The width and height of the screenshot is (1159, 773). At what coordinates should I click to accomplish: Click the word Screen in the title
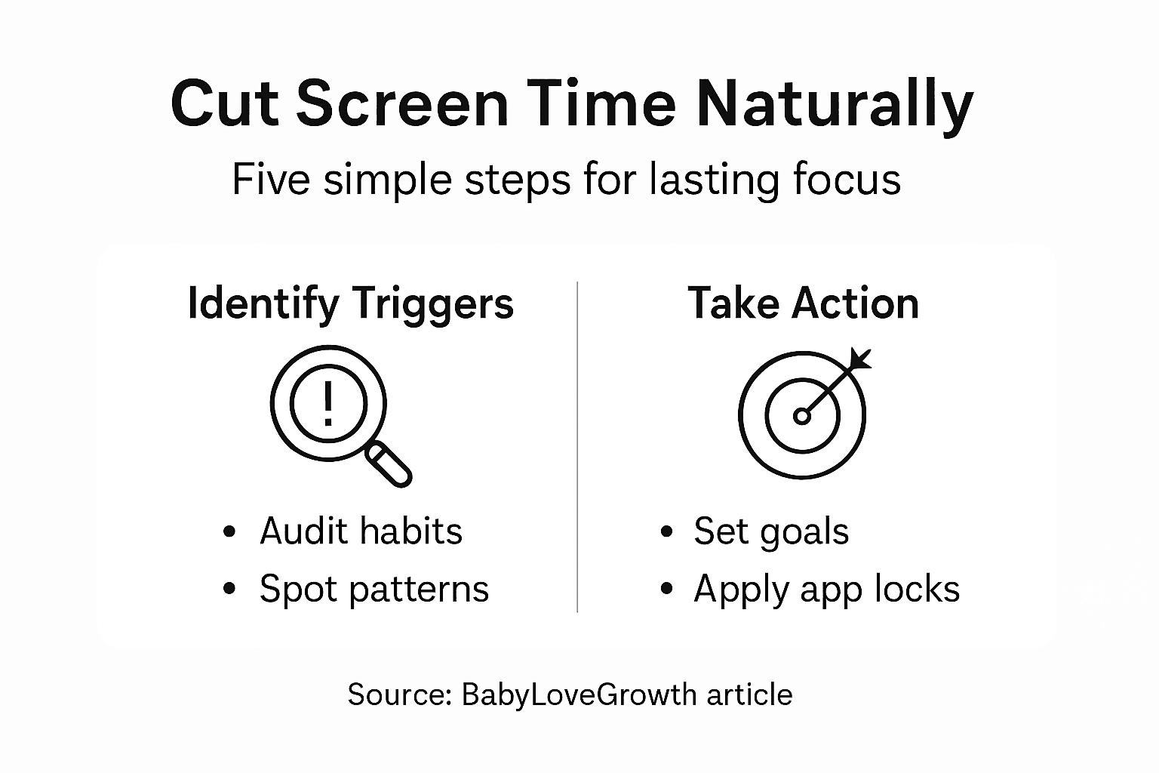pyautogui.click(x=402, y=103)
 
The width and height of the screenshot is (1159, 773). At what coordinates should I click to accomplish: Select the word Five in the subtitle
pyautogui.click(x=271, y=179)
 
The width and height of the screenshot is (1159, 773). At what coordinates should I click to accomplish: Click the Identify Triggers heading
pyautogui.click(x=351, y=304)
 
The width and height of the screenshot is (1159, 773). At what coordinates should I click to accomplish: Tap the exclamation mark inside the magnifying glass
pyautogui.click(x=328, y=403)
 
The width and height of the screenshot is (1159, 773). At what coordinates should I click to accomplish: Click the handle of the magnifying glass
pyautogui.click(x=389, y=464)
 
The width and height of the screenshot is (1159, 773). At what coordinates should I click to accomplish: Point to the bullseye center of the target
pyautogui.click(x=801, y=416)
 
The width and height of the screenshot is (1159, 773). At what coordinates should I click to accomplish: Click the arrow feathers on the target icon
pyautogui.click(x=860, y=359)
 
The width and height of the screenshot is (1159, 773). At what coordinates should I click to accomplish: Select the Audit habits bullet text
pyautogui.click(x=361, y=531)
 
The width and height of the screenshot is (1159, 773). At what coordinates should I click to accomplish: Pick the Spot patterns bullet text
pyautogui.click(x=374, y=590)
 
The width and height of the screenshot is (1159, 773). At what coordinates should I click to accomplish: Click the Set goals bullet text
pyautogui.click(x=771, y=531)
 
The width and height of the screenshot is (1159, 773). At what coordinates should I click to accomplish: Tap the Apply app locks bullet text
pyautogui.click(x=827, y=590)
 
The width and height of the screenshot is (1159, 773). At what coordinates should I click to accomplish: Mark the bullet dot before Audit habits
pyautogui.click(x=229, y=531)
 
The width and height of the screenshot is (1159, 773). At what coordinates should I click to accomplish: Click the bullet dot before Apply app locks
pyautogui.click(x=666, y=588)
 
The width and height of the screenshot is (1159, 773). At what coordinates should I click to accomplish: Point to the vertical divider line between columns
pyautogui.click(x=577, y=447)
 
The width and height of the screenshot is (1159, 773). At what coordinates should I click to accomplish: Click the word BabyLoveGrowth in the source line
pyautogui.click(x=579, y=694)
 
